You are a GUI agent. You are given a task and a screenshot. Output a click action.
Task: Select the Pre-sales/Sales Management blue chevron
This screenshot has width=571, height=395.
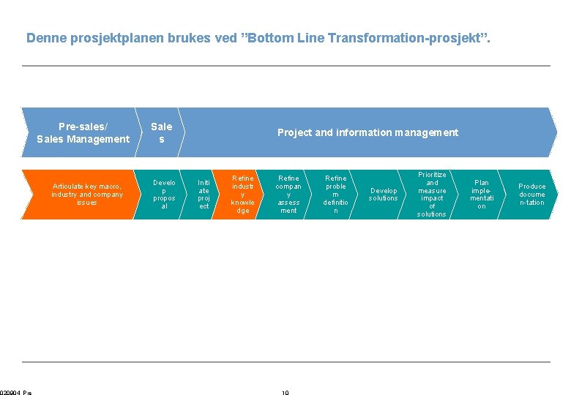83,132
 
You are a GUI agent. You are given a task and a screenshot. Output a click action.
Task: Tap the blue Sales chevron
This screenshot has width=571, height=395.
161,132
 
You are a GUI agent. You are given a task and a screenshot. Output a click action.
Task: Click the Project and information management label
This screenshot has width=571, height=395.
367,132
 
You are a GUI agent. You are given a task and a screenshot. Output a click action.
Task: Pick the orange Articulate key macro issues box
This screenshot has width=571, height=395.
86,194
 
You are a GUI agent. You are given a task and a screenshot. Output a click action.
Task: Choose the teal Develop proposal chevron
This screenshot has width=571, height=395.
163,195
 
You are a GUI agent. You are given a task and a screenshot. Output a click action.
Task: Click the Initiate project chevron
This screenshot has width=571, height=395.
204,195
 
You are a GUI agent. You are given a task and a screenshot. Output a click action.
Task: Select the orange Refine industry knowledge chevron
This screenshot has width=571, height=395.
242,195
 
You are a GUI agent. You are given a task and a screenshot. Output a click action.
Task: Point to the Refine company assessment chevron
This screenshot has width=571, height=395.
288,195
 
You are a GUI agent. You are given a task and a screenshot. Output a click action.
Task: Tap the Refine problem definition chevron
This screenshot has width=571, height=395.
335,195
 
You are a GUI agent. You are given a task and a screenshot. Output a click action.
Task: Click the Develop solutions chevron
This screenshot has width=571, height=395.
383,195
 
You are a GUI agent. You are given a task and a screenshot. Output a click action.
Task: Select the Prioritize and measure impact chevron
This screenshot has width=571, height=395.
432,195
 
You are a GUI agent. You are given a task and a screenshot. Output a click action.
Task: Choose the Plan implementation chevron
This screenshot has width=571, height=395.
481,195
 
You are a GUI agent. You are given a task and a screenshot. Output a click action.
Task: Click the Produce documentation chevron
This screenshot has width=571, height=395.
531,195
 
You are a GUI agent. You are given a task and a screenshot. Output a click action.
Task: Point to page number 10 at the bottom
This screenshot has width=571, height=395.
285,393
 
